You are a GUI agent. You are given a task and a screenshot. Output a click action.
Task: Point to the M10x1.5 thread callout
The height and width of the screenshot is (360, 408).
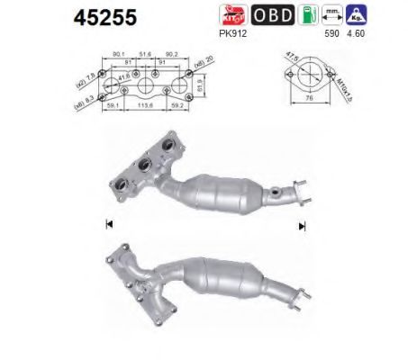(x=343, y=86)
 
